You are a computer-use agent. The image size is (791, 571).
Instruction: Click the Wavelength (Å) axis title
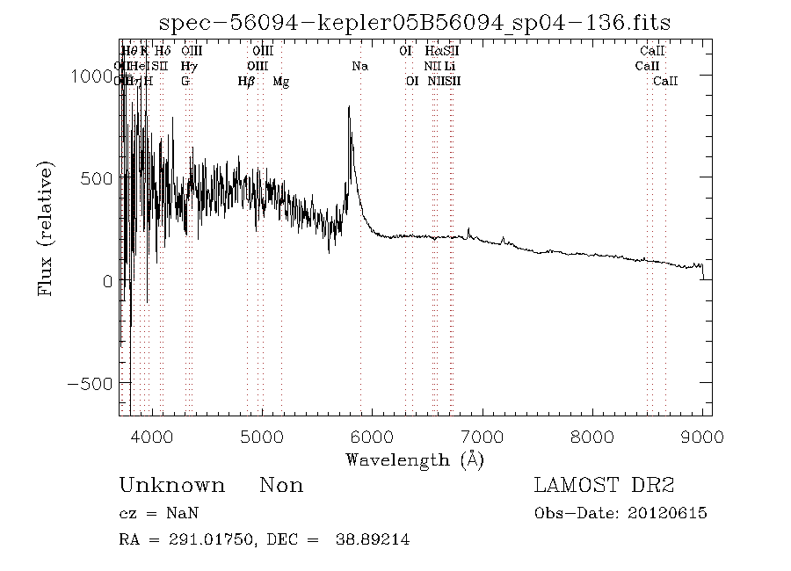pyautogui.click(x=415, y=459)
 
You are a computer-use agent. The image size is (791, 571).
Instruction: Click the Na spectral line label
pyautogui.click(x=359, y=66)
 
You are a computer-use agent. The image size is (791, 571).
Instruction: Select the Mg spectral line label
pyautogui.click(x=280, y=81)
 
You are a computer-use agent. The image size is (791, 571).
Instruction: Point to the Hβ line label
pyautogui.click(x=247, y=81)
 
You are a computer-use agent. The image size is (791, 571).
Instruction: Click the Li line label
pyautogui.click(x=449, y=66)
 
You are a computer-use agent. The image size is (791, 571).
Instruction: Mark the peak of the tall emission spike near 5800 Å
pyautogui.click(x=349, y=107)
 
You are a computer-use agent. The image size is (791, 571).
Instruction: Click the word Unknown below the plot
pyautogui.click(x=171, y=486)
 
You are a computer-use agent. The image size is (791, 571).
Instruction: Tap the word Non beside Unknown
pyautogui.click(x=281, y=486)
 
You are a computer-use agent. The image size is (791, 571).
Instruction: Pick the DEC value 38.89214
pyautogui.click(x=373, y=540)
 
